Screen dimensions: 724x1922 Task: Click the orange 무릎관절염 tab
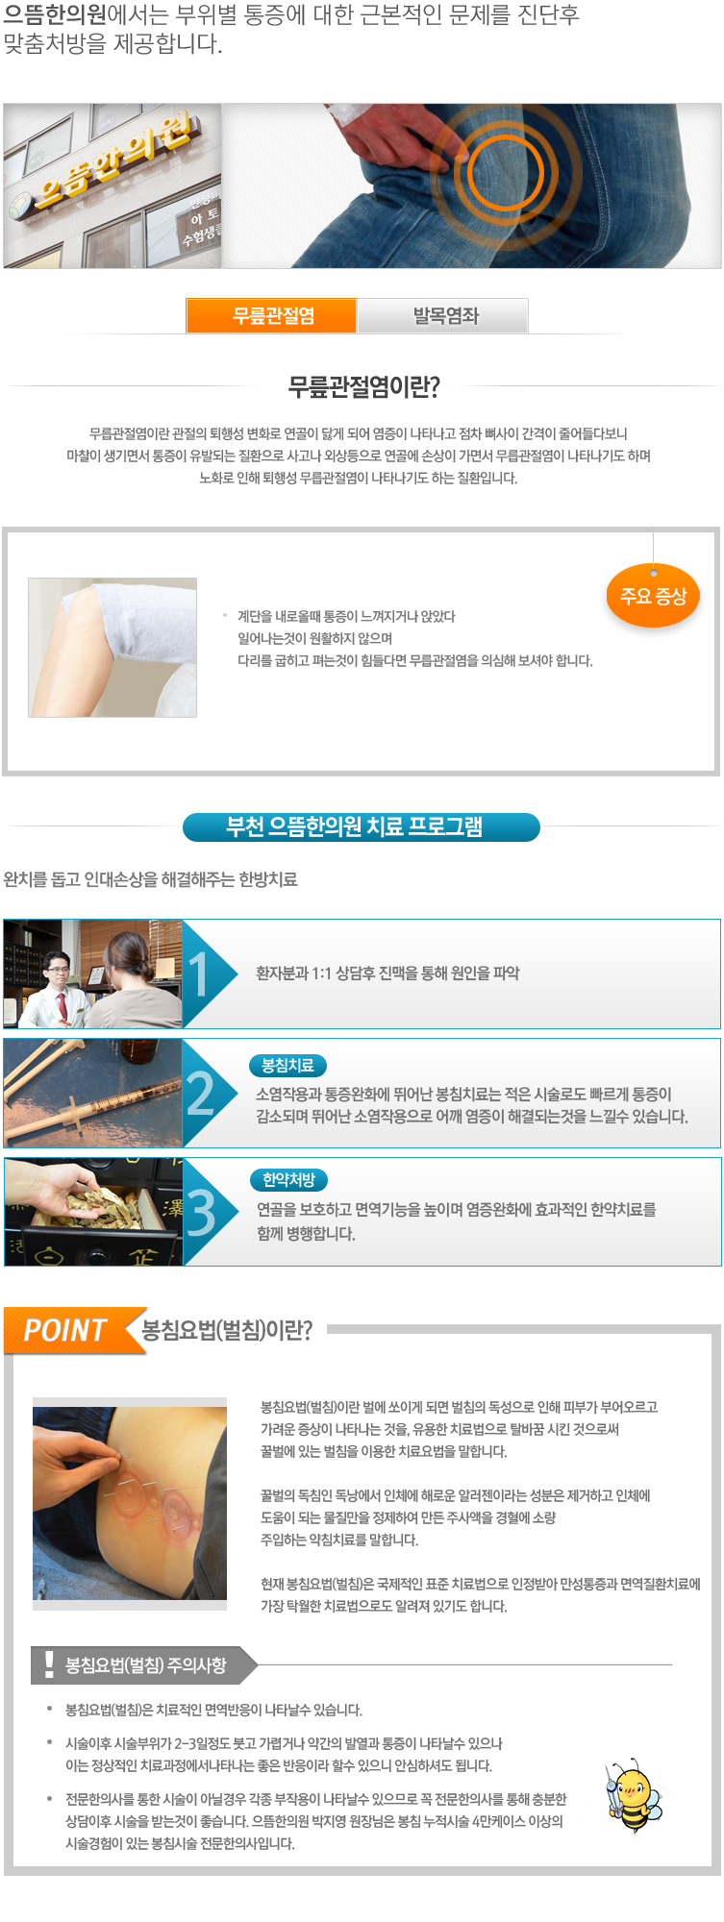coord(272,315)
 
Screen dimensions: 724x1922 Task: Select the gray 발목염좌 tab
coord(444,315)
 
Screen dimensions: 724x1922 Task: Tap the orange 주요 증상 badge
coord(654,596)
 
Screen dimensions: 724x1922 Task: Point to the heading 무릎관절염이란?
coord(363,386)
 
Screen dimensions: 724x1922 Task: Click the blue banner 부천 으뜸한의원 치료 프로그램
coord(362,827)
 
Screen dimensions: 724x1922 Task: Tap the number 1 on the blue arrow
coord(198,973)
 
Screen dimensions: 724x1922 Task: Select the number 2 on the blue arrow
coord(200,1094)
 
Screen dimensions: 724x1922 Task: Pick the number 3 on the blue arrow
coord(200,1213)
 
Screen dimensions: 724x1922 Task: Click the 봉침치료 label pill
coord(288,1066)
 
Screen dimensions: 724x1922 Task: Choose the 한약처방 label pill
coord(288,1180)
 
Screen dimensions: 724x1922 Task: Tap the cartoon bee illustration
coord(633,1796)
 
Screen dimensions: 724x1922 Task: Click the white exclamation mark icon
coord(49,1663)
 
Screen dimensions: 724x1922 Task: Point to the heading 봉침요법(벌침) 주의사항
coord(146,1665)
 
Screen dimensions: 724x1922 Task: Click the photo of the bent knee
coord(112,647)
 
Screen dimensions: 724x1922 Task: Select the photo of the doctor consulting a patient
coord(92,973)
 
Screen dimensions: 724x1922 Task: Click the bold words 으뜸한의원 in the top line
coord(56,16)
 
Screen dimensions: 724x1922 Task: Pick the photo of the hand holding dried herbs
coord(93,1212)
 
